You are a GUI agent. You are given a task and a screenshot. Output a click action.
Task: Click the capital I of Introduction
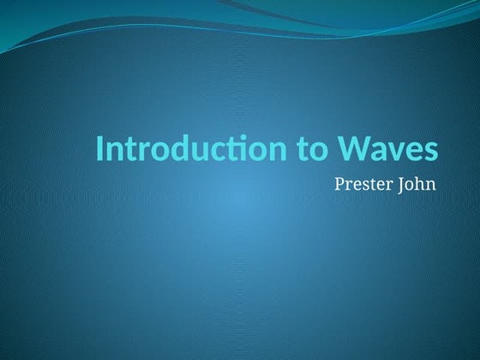point(99,148)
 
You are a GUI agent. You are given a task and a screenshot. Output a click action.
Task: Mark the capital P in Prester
point(339,183)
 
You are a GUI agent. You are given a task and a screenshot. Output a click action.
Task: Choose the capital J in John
point(402,183)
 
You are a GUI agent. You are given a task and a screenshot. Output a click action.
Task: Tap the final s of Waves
point(431,151)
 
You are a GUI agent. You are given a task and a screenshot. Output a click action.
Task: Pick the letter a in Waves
point(380,151)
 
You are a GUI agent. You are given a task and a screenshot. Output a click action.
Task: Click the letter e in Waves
point(415,151)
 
